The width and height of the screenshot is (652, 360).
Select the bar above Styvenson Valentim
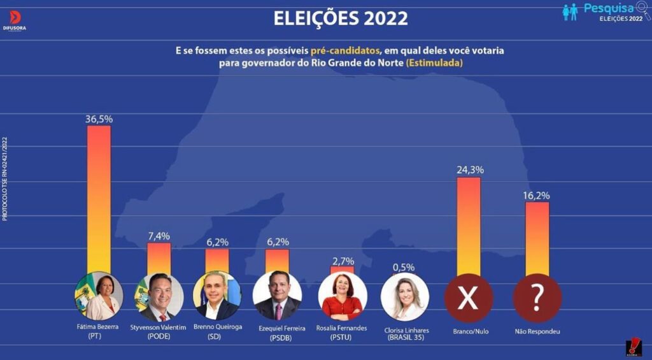pyautogui.click(x=159, y=258)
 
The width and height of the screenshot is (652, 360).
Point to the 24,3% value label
pyautogui.click(x=470, y=170)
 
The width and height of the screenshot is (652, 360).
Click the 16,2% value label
pyautogui.click(x=537, y=196)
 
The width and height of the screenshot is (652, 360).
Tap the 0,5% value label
pyautogui.click(x=403, y=268)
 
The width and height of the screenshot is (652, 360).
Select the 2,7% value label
pyautogui.click(x=342, y=261)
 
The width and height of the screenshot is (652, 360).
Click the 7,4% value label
pyautogui.click(x=159, y=236)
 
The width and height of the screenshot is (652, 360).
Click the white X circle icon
pyautogui.click(x=469, y=298)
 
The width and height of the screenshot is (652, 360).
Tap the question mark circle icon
pyautogui.click(x=537, y=298)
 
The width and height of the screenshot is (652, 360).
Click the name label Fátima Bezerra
pyautogui.click(x=99, y=327)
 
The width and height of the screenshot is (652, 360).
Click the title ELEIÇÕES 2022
pyautogui.click(x=341, y=18)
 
